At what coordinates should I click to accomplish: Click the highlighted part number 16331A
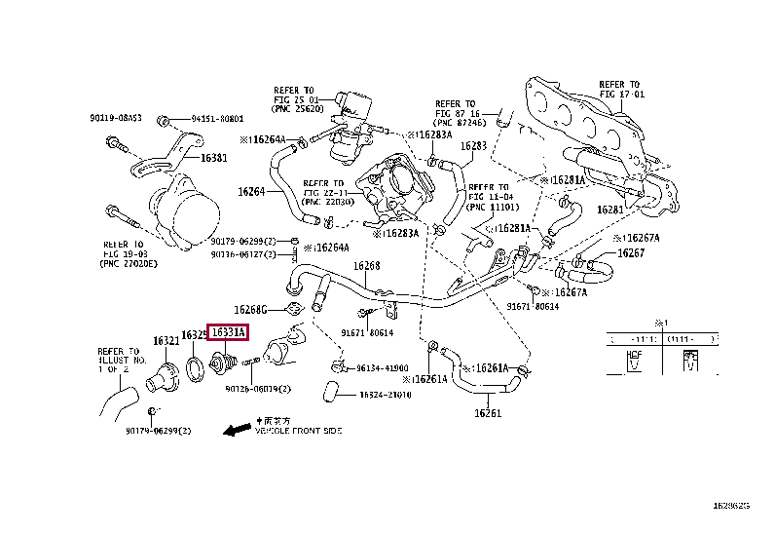tap(228, 333)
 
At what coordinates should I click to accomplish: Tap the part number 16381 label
tap(214, 157)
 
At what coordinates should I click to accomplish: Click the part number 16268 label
tap(366, 265)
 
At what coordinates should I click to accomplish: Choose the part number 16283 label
tap(473, 145)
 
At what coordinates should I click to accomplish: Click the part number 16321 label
tap(166, 341)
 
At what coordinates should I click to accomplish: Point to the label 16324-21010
tap(384, 395)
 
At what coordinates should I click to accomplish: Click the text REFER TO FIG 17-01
tap(621, 91)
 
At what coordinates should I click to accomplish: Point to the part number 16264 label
tap(251, 191)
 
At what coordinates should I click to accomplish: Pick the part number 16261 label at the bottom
tap(488, 413)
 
